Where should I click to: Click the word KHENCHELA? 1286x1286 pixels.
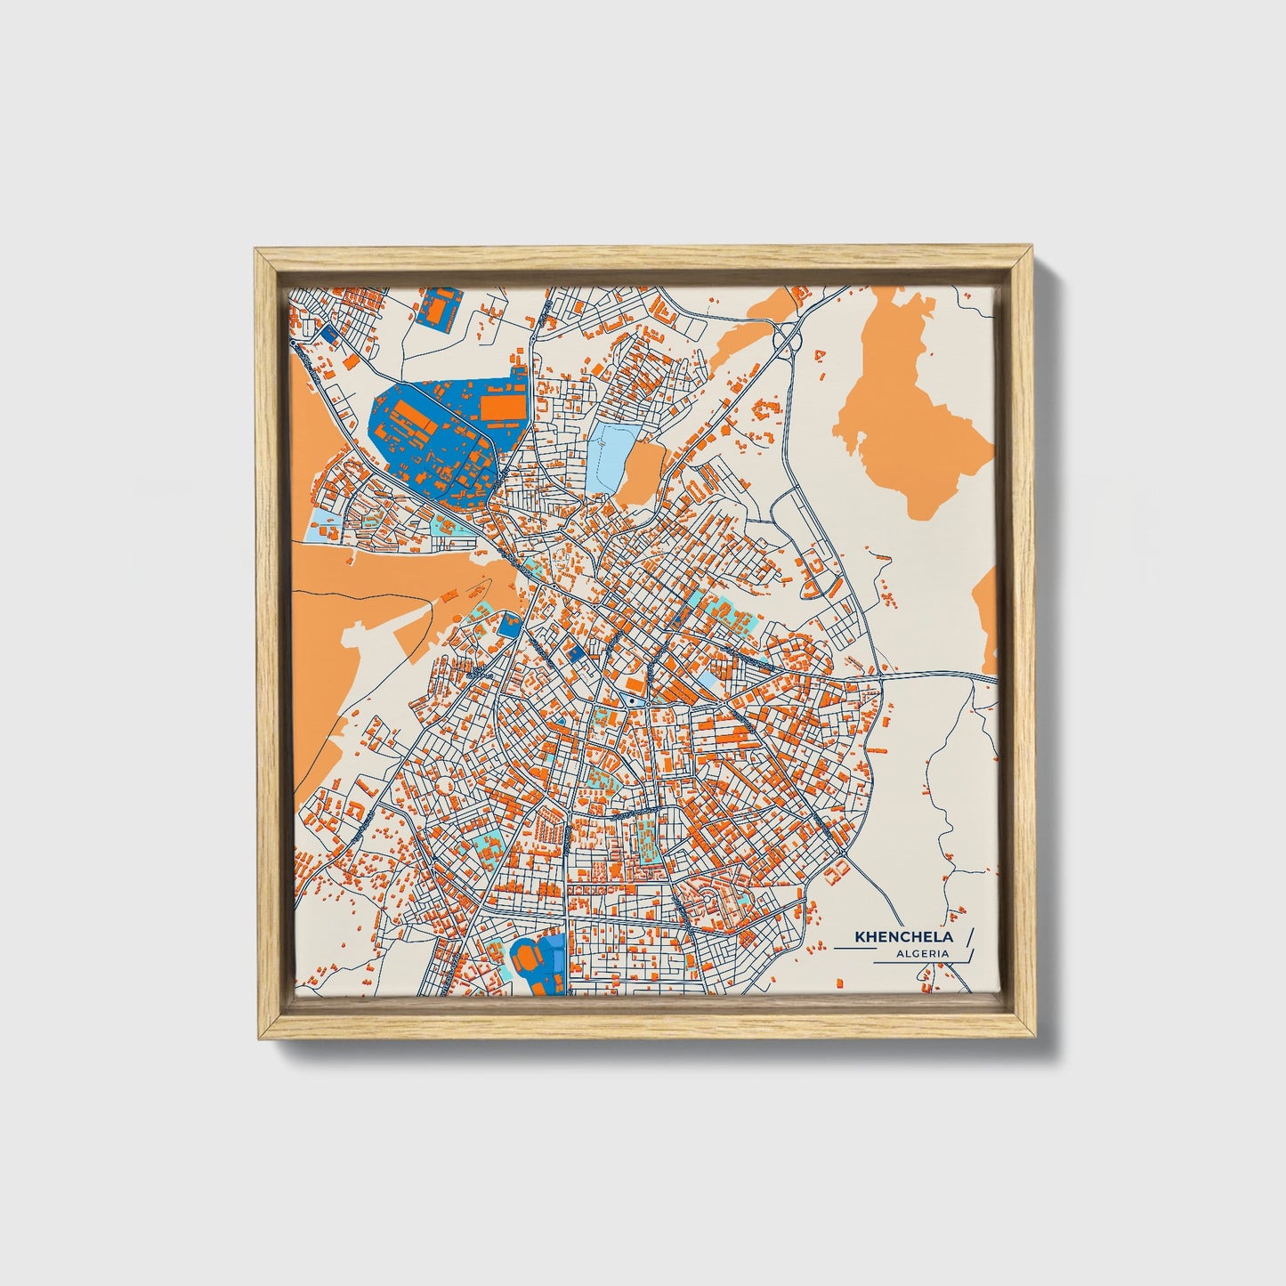coord(903,937)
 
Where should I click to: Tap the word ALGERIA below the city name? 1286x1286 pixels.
coord(923,954)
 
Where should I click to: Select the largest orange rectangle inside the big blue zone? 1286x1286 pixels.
coord(498,406)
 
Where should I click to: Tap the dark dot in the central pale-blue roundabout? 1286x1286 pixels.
coord(630,701)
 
